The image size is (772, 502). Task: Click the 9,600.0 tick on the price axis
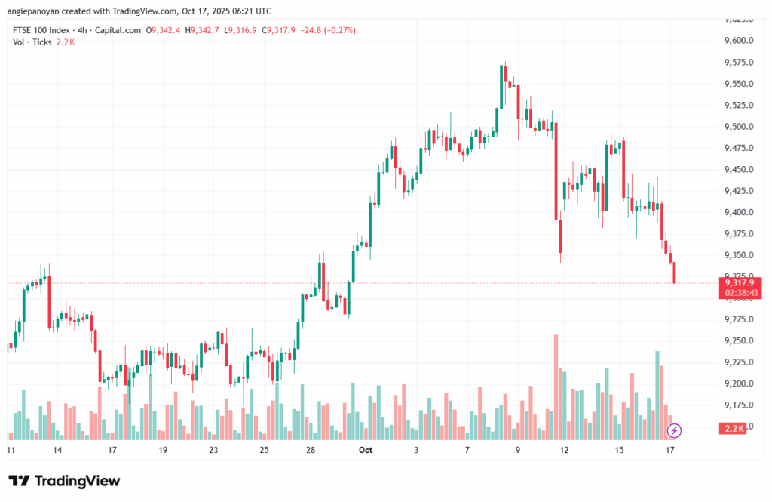tap(740, 41)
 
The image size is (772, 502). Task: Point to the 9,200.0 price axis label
tap(740, 384)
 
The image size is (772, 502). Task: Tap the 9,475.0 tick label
tap(740, 148)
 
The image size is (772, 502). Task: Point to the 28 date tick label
tap(311, 450)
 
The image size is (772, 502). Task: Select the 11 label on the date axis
tap(11, 450)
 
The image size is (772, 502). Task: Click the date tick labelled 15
tap(619, 450)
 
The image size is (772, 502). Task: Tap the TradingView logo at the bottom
tap(64, 481)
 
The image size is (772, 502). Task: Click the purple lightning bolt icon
tap(675, 430)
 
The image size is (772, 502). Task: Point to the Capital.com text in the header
tap(121, 30)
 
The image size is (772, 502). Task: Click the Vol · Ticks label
tap(32, 42)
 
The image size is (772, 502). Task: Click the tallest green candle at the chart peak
tap(501, 88)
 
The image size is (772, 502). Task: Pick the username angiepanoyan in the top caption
tap(35, 11)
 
